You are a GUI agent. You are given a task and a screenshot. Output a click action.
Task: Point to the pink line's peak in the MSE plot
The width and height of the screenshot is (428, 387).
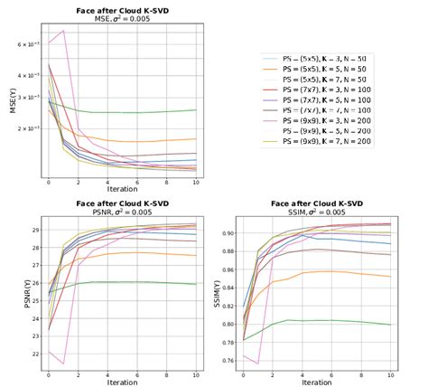pyautogui.click(x=63, y=31)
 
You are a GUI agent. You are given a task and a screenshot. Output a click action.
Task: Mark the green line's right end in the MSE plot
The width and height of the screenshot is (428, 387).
pyautogui.click(x=196, y=109)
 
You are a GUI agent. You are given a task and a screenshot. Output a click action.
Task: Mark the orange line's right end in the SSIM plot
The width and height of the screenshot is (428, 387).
pyautogui.click(x=391, y=277)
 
